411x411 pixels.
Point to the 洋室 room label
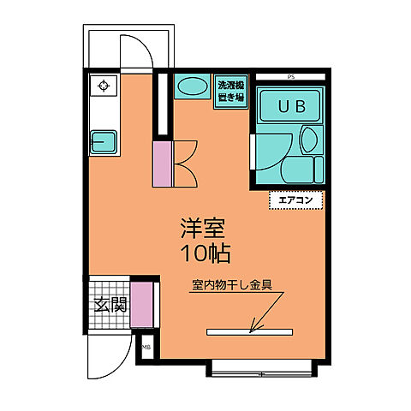pos(203,229)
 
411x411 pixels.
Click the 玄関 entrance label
pos(110,304)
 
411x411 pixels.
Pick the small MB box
pos(146,347)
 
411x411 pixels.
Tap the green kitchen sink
pos(106,140)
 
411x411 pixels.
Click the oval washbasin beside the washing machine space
pos(193,88)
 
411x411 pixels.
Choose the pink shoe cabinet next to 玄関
pos(142,304)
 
